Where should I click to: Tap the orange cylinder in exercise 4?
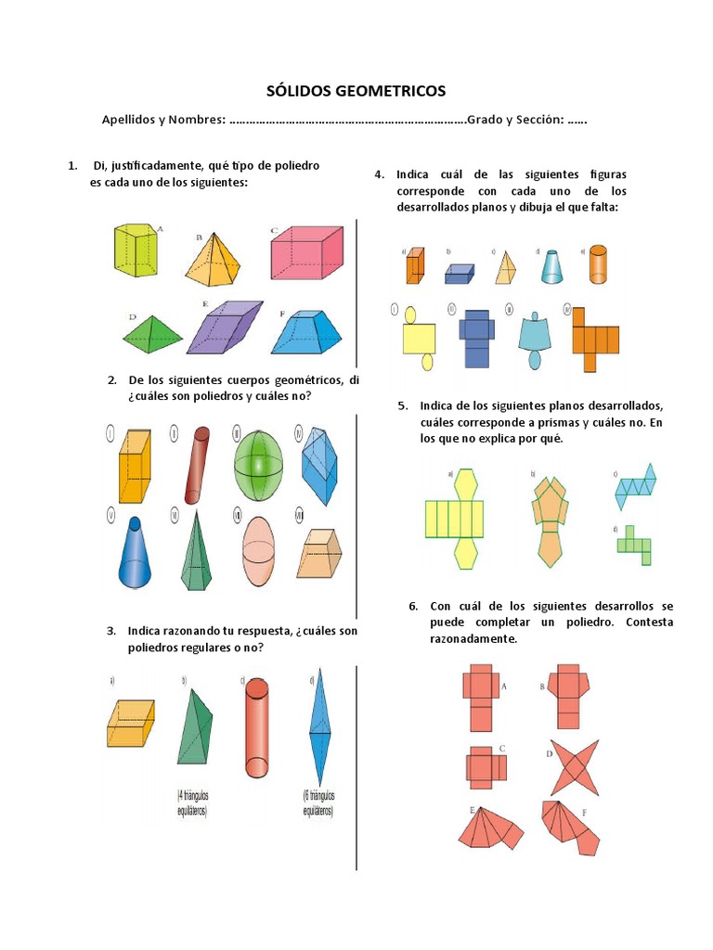[x=598, y=265]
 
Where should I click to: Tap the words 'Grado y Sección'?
[x=513, y=121]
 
